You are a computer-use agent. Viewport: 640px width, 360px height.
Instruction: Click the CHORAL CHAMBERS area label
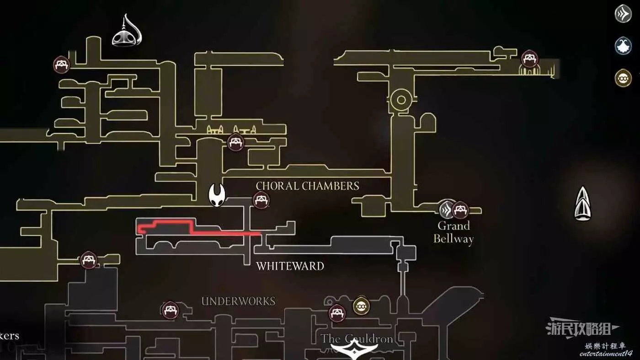point(307,186)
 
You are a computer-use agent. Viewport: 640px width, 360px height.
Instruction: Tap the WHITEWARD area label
point(290,266)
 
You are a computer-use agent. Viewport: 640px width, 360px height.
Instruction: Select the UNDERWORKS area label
point(238,301)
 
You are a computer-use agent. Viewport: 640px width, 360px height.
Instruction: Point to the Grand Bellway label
point(453,232)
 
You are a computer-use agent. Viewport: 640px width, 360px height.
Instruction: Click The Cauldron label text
point(357,339)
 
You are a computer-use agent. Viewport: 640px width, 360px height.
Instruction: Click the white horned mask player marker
point(216,195)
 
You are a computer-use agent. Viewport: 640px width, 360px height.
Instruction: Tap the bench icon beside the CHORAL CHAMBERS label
point(261,200)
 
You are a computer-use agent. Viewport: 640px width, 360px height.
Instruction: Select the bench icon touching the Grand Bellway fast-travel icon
point(460,210)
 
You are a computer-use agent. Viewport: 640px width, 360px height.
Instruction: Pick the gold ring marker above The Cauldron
point(361,306)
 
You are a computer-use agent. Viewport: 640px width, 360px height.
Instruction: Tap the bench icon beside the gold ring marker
point(337,313)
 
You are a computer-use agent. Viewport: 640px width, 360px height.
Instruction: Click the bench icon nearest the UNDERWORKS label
point(171,310)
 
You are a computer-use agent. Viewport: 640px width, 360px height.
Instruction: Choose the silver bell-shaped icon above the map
point(126,32)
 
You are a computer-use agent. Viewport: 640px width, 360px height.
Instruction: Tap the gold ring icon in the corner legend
point(623,78)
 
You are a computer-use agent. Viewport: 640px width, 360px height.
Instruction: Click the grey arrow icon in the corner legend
point(623,14)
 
